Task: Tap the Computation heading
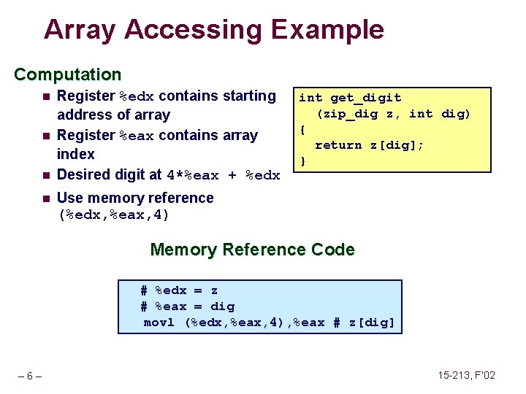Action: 68,74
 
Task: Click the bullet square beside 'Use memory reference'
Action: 45,198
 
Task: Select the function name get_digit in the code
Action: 365,98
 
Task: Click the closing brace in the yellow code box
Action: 303,161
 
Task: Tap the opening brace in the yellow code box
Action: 303,129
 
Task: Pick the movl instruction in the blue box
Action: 159,322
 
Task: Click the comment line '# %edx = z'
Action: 179,290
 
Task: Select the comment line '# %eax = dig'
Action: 187,306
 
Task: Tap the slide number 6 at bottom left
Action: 29,376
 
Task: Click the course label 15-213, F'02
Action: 466,375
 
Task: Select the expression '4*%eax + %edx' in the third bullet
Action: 224,175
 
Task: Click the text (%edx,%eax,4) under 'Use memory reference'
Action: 113,215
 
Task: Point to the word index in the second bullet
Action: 75,154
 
